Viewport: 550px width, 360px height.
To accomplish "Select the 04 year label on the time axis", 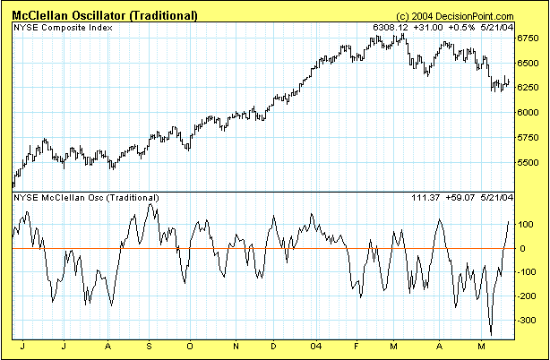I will (314, 345).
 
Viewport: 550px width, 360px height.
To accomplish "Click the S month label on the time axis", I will (148, 345).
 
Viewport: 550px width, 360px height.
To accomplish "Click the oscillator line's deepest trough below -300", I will (491, 333).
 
